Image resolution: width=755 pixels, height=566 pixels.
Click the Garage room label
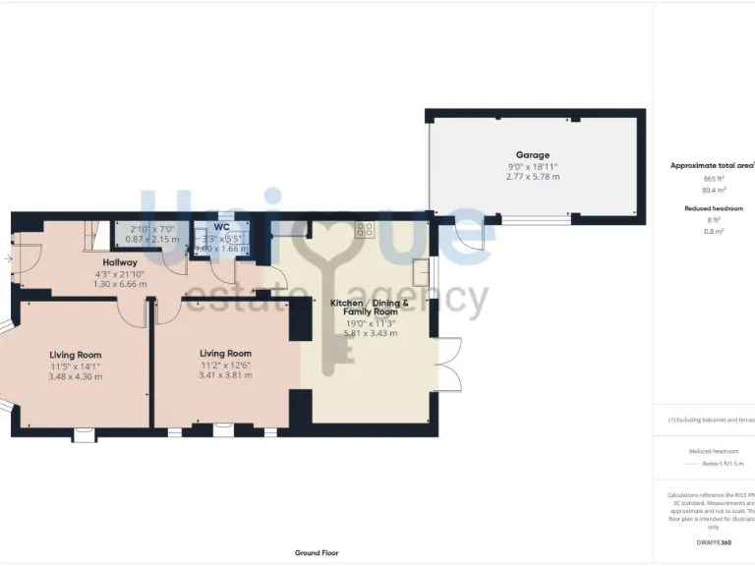pyautogui.click(x=533, y=155)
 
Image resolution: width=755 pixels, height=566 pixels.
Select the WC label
pyautogui.click(x=221, y=227)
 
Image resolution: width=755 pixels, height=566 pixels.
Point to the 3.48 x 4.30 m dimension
pyautogui.click(x=75, y=376)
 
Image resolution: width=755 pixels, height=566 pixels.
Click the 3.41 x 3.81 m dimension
pyautogui.click(x=225, y=375)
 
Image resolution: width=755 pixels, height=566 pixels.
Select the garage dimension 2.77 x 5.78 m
pyautogui.click(x=533, y=177)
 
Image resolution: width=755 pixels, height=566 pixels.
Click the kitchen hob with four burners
pyautogui.click(x=366, y=230)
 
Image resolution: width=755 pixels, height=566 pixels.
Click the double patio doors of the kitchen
pyautogui.click(x=447, y=366)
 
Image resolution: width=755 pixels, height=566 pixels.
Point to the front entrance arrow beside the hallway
pyautogui.click(x=7, y=259)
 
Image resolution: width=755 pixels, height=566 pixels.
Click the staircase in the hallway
pyautogui.click(x=91, y=233)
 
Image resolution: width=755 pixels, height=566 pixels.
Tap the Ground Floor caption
pyautogui.click(x=318, y=553)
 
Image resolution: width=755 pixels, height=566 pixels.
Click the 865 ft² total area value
pyautogui.click(x=713, y=179)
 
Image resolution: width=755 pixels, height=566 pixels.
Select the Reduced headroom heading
pyautogui.click(x=713, y=208)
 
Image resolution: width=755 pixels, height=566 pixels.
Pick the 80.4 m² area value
pyautogui.click(x=713, y=190)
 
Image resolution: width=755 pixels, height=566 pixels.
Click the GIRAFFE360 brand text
pyautogui.click(x=713, y=542)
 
